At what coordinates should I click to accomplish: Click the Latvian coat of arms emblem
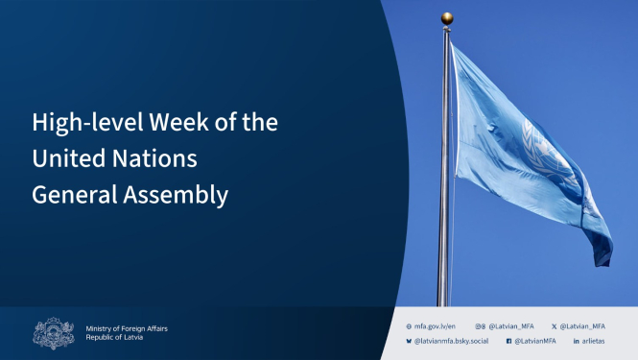(x=54, y=333)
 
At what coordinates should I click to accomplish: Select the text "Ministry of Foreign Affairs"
(x=127, y=327)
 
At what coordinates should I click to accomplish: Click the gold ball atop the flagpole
(x=446, y=18)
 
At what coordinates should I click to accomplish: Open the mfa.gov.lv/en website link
(x=435, y=325)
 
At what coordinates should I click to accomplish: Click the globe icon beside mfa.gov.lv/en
(x=410, y=325)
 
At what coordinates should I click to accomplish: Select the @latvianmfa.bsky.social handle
(x=451, y=341)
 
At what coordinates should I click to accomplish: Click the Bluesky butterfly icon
(x=410, y=341)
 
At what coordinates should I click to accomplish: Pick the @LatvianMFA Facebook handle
(x=535, y=341)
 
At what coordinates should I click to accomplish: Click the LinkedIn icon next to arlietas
(x=576, y=341)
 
